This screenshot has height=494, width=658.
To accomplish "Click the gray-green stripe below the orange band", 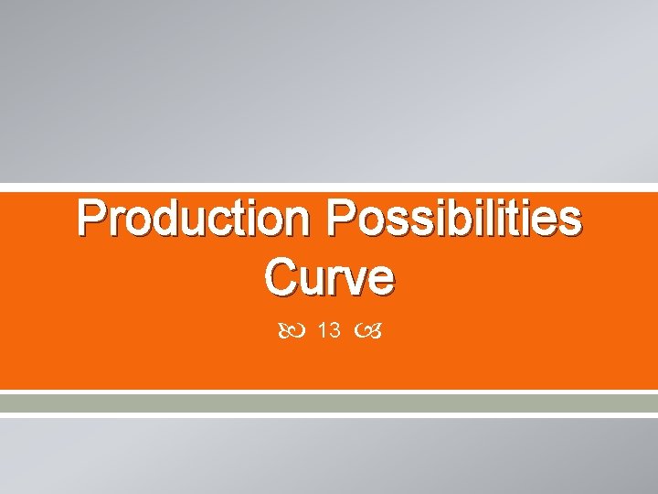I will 329,403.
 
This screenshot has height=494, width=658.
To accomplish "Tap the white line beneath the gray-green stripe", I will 329,414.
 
